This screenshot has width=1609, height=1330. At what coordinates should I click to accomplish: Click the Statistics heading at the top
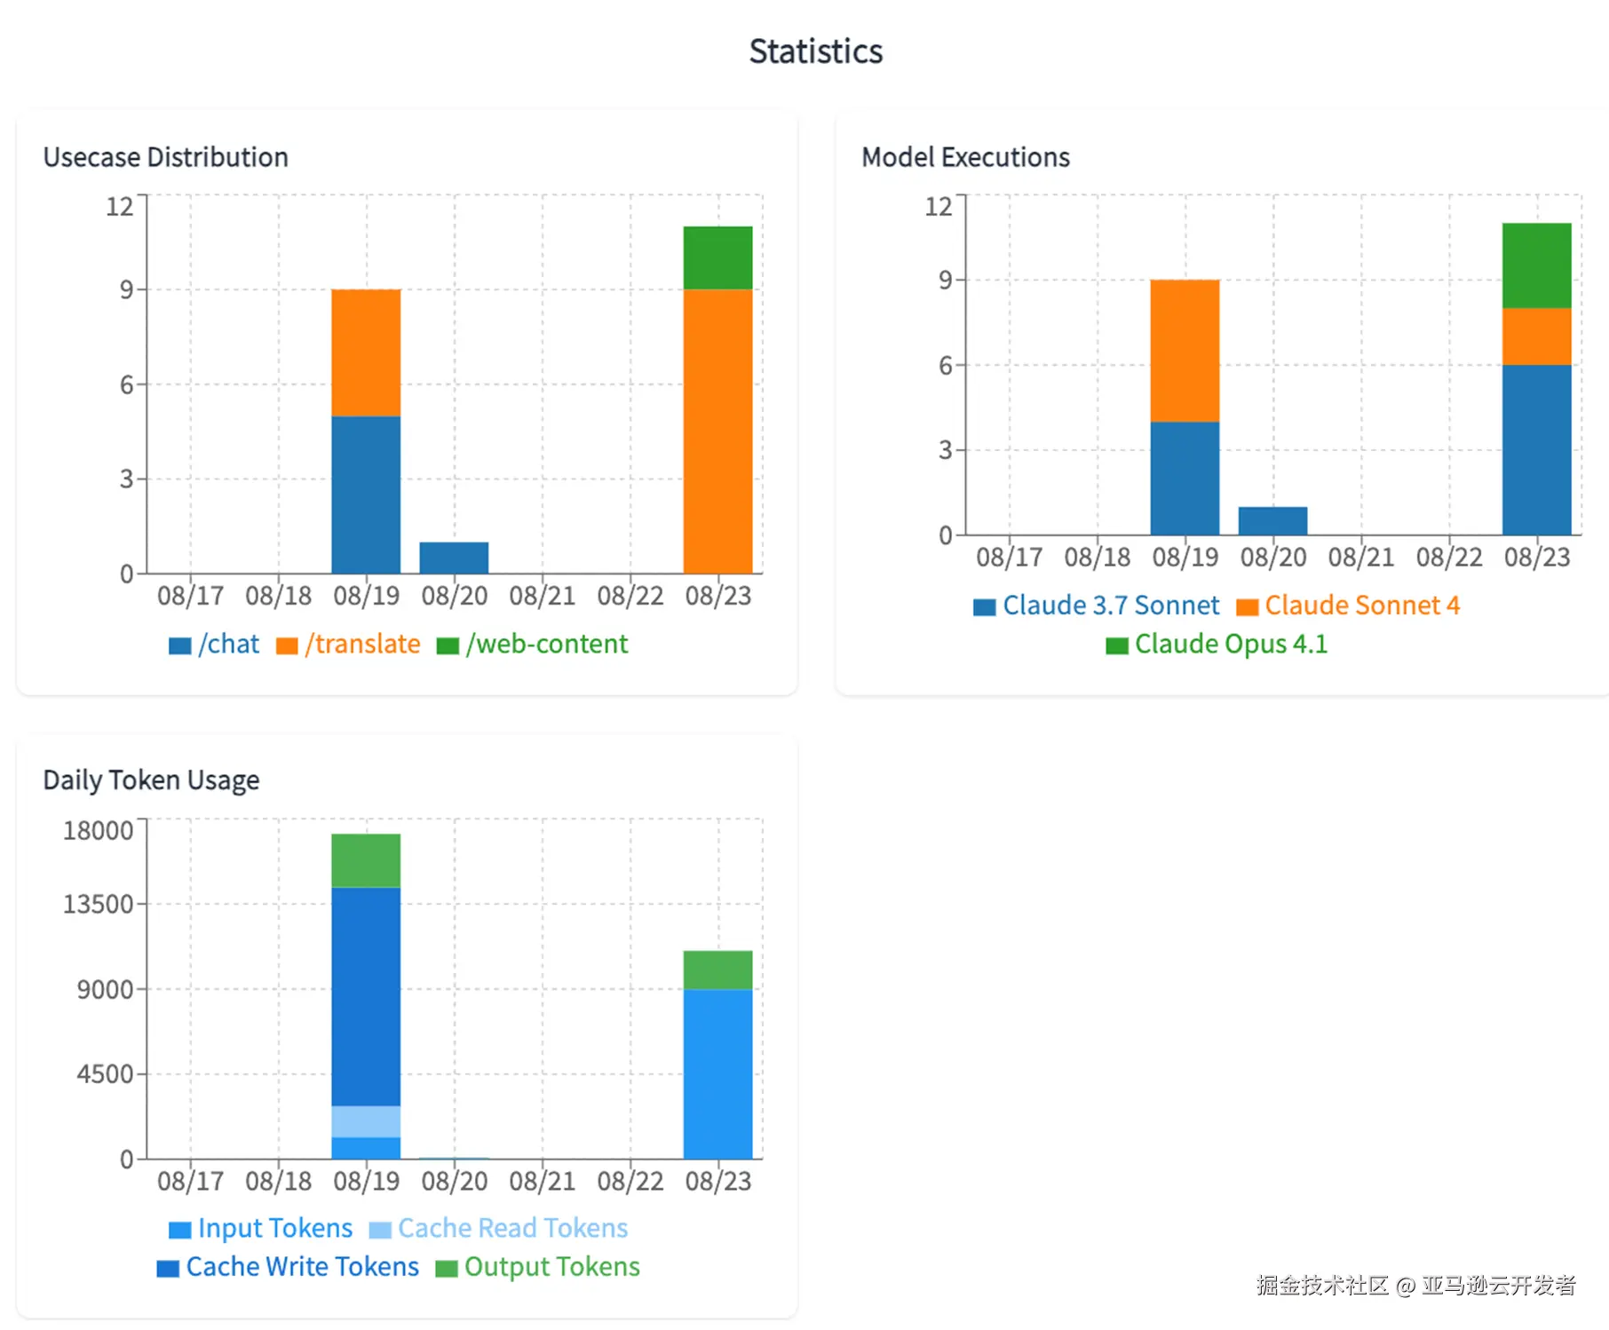pyautogui.click(x=815, y=51)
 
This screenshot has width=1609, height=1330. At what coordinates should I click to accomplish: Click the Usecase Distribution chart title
pyautogui.click(x=165, y=157)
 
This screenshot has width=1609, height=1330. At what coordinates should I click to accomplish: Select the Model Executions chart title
pyautogui.click(x=965, y=157)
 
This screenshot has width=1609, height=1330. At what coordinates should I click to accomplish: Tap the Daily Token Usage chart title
pyautogui.click(x=151, y=780)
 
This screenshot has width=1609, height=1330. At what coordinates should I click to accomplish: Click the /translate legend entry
pyautogui.click(x=348, y=644)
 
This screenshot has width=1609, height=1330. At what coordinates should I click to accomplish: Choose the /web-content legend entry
pyautogui.click(x=533, y=644)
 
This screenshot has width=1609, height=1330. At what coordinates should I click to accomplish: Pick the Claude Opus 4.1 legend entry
pyautogui.click(x=1217, y=644)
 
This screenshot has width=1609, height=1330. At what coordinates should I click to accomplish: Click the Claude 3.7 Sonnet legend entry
pyautogui.click(x=1097, y=606)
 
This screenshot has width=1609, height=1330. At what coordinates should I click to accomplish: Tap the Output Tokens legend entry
pyautogui.click(x=538, y=1267)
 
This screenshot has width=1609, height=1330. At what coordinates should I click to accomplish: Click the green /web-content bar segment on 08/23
pyautogui.click(x=717, y=257)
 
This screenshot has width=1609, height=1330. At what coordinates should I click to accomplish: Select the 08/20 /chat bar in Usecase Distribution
pyautogui.click(x=454, y=558)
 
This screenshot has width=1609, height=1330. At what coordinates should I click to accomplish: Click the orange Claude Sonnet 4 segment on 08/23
pyautogui.click(x=1536, y=336)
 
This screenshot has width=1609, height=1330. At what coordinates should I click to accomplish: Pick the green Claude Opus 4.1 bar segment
pyautogui.click(x=1536, y=265)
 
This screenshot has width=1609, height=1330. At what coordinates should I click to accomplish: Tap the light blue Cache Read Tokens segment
pyautogui.click(x=366, y=1121)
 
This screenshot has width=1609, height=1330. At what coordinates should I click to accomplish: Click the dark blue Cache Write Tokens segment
pyautogui.click(x=366, y=996)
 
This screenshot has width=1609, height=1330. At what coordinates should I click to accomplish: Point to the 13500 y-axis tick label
pyautogui.click(x=98, y=904)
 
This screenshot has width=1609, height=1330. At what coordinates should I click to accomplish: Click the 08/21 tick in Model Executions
pyautogui.click(x=1360, y=557)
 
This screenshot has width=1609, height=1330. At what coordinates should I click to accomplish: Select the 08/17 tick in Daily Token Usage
pyautogui.click(x=190, y=1181)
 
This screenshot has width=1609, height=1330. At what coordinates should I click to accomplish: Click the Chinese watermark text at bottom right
pyautogui.click(x=1415, y=1285)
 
